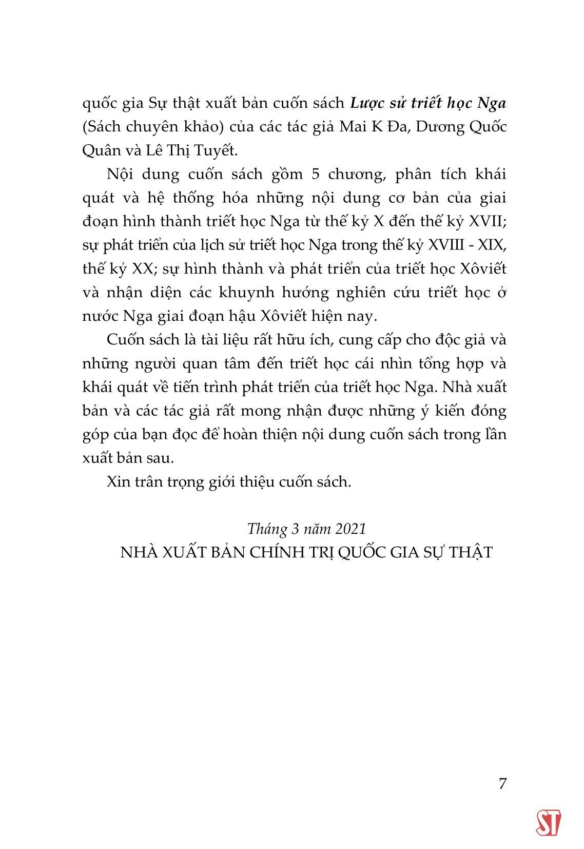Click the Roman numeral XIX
point(495,245)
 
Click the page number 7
point(502,784)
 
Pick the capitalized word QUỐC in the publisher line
point(366,552)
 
